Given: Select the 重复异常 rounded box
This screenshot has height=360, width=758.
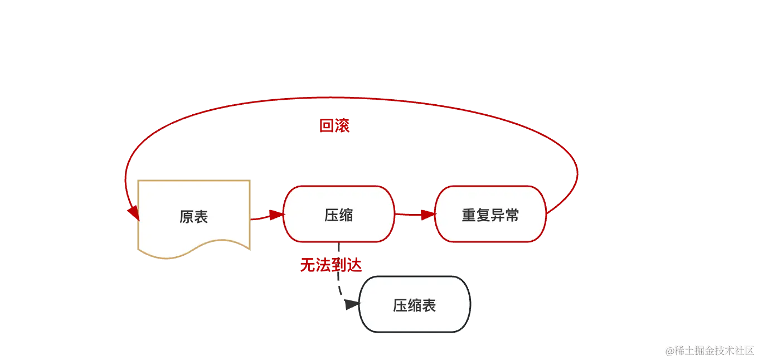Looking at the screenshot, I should (x=490, y=215).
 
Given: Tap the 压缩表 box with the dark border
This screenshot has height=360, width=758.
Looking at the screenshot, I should (x=414, y=305).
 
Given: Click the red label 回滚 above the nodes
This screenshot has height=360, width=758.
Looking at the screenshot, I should (x=334, y=126).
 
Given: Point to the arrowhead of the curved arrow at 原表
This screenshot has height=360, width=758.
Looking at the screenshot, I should (x=133, y=213).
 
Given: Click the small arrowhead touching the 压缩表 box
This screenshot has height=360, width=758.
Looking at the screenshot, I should (x=350, y=305).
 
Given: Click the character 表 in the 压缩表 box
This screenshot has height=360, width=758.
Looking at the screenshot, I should (x=429, y=305).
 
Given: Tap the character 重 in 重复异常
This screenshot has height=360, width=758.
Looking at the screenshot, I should (x=469, y=215).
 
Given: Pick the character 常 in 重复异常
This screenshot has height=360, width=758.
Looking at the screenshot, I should (x=512, y=215).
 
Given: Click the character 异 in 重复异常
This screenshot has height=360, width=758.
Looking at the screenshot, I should (x=497, y=215).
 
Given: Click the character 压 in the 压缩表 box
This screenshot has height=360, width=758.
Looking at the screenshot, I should (x=400, y=305).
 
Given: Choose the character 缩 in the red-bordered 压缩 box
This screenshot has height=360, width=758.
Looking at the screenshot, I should (x=346, y=215).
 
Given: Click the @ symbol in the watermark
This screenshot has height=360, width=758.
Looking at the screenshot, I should (x=669, y=350).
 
